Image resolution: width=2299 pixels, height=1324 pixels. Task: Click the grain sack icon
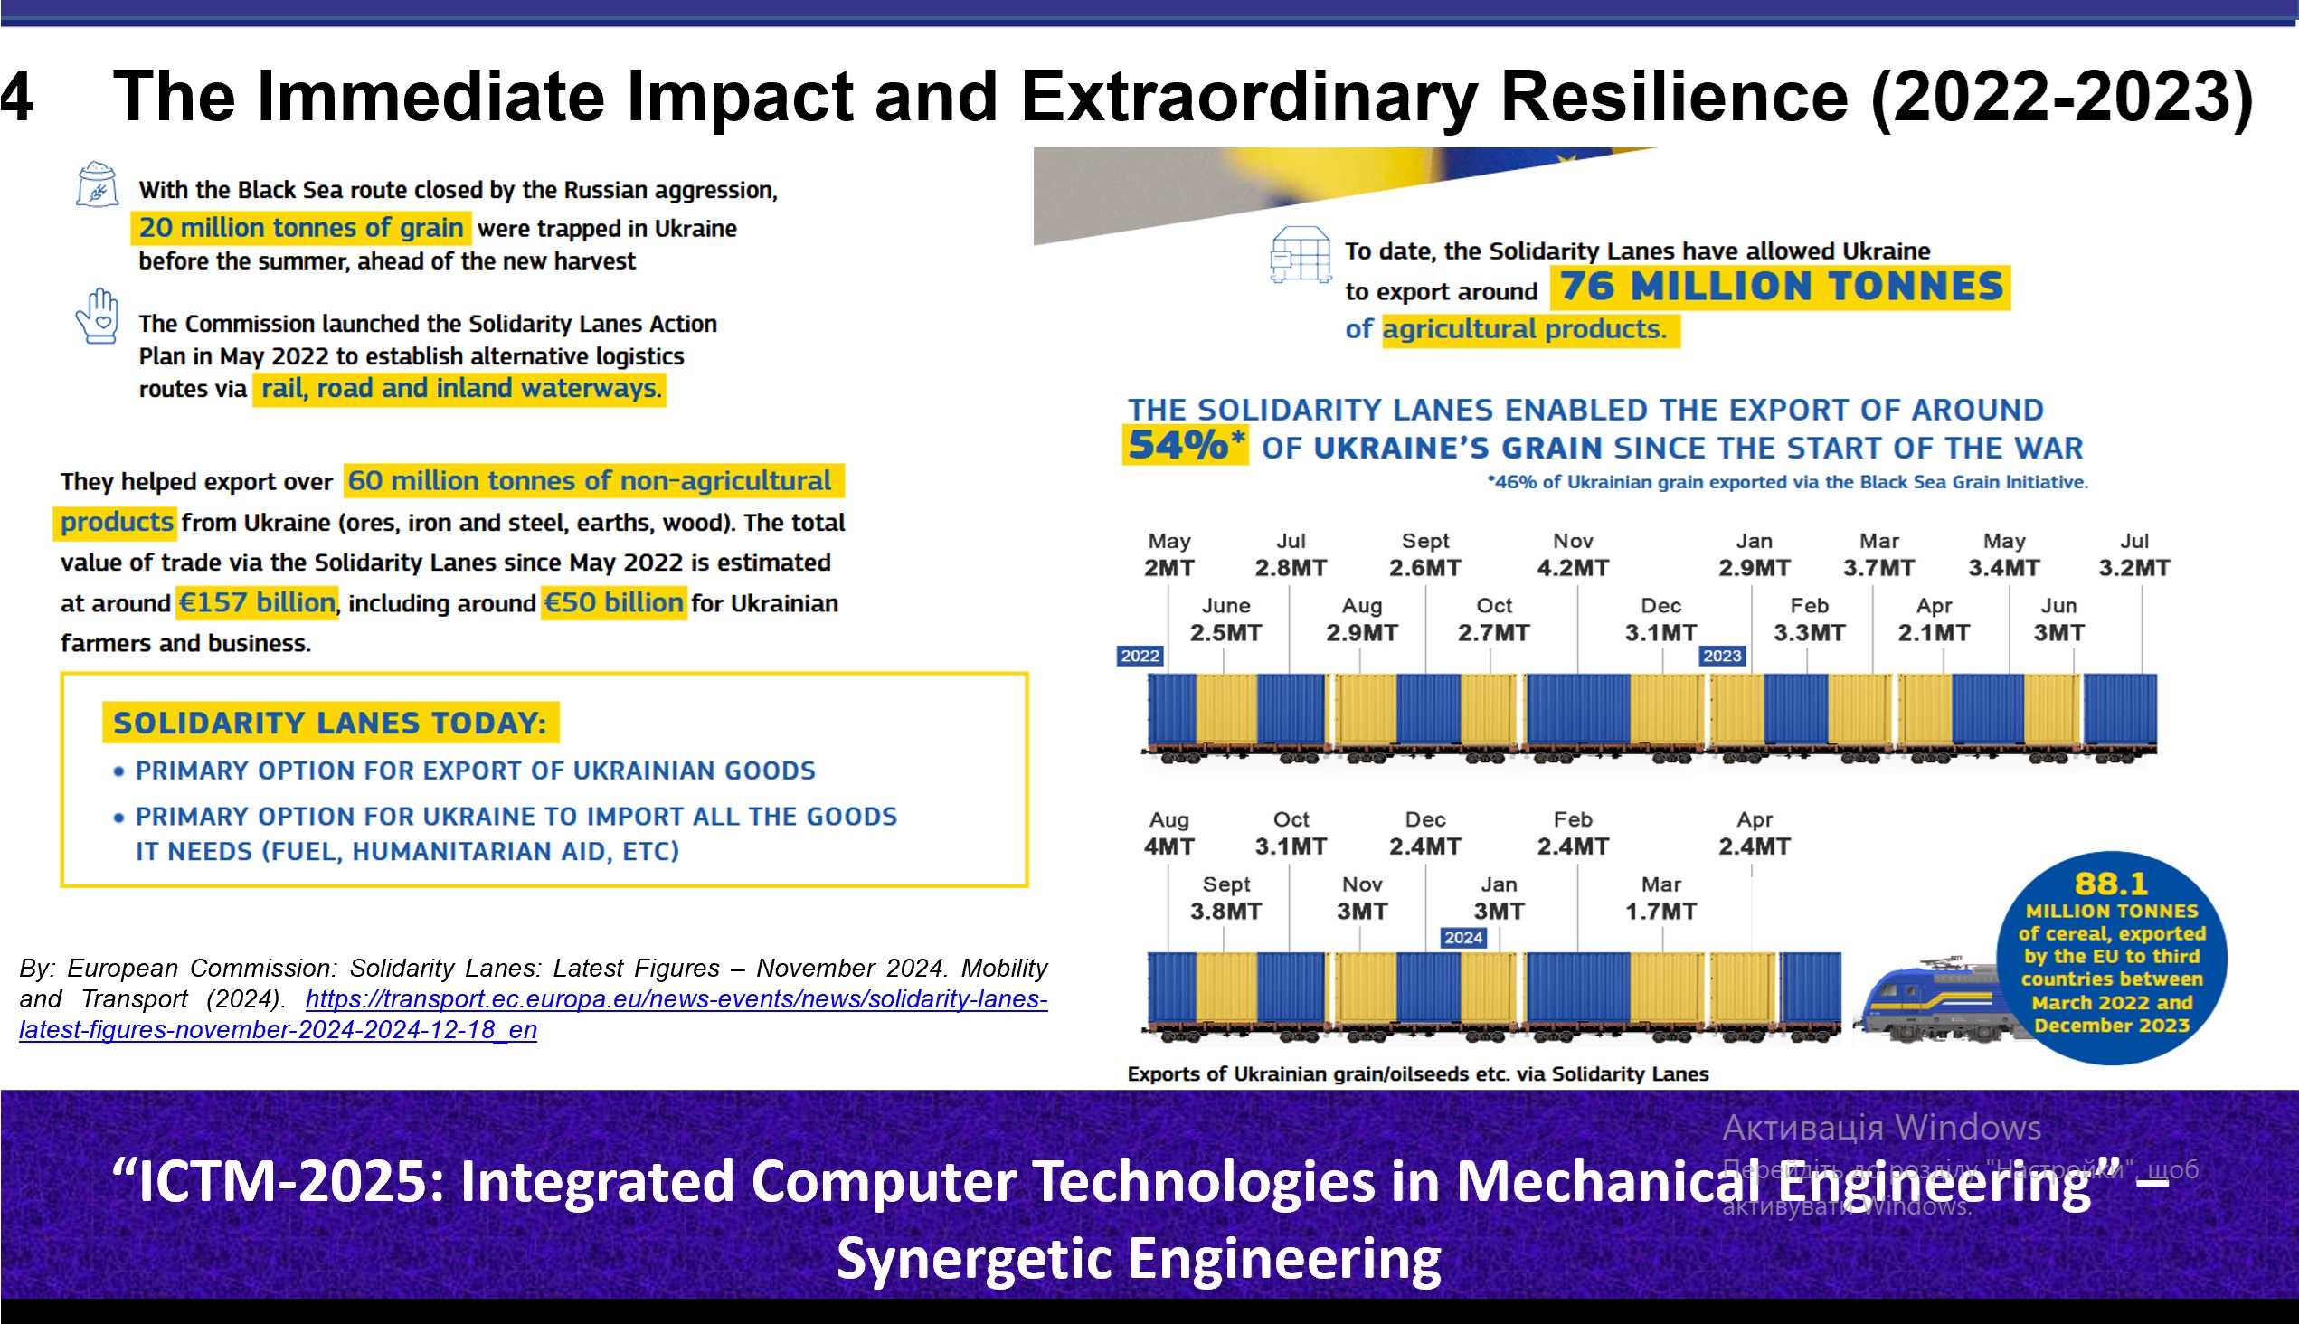tap(98, 184)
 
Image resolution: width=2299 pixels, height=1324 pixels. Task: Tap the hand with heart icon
tap(98, 317)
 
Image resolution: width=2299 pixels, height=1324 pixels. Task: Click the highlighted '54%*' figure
tap(1184, 446)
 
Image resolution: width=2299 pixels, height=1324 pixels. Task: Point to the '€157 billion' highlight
tap(257, 603)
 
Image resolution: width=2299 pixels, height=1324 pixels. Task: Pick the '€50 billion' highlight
tap(613, 603)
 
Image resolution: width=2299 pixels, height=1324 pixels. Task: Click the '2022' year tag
tap(1140, 656)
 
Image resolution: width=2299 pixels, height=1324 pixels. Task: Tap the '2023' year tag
tap(1721, 656)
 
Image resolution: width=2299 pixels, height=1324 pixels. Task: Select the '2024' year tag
tap(1463, 938)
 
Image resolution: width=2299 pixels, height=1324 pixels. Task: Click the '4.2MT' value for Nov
tap(1573, 568)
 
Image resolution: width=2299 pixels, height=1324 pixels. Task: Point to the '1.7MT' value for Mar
tap(1660, 912)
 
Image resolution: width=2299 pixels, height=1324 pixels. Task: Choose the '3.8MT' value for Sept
tap(1225, 912)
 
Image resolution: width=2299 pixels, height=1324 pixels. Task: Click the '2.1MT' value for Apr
tap(1934, 633)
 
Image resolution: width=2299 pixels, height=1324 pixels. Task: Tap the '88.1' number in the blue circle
tap(2111, 884)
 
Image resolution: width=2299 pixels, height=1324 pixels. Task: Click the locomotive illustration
tap(1928, 1000)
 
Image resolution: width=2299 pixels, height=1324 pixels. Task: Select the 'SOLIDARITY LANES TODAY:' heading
tap(329, 723)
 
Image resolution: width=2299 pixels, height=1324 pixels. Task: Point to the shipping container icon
tap(1301, 255)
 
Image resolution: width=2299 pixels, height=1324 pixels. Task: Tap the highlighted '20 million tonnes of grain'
tap(301, 227)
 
